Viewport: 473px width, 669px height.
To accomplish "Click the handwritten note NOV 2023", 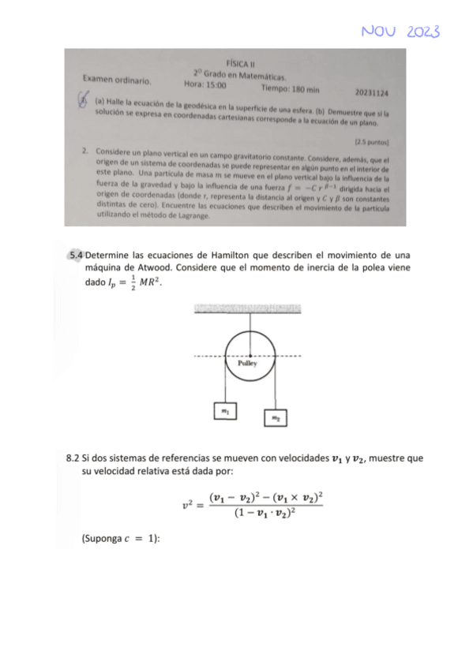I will pyautogui.click(x=400, y=31).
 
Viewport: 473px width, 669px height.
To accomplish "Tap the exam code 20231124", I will pyautogui.click(x=372, y=92).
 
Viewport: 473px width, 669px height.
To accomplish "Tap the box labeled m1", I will pyautogui.click(x=225, y=411).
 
